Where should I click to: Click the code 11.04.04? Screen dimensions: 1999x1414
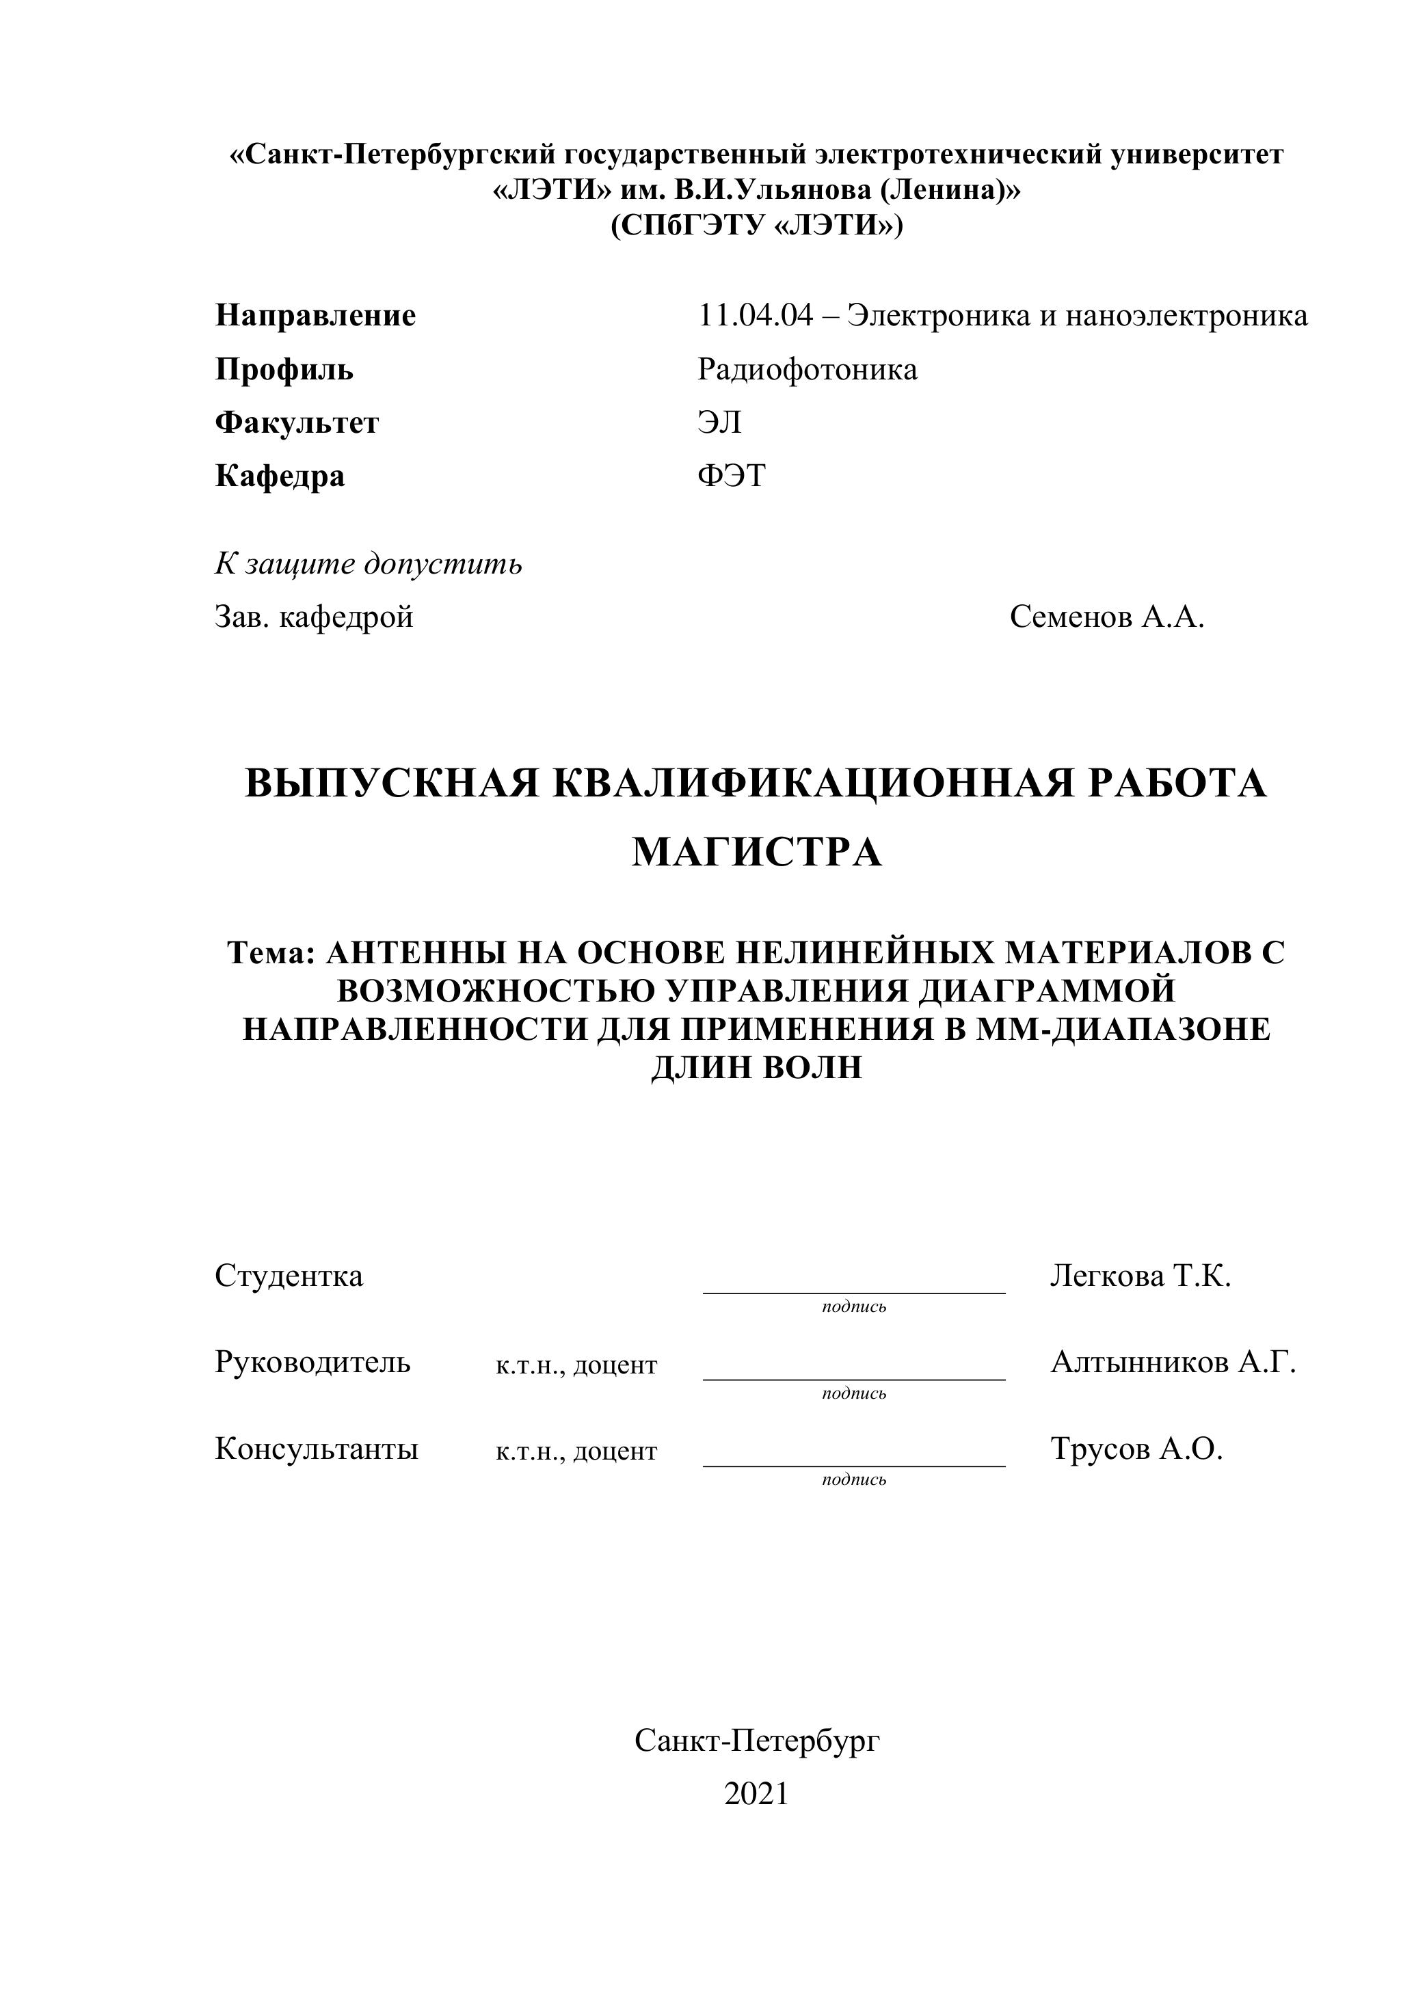click(x=755, y=315)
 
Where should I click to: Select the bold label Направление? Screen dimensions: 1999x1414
click(x=315, y=315)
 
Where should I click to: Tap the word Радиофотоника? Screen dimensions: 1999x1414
click(x=807, y=369)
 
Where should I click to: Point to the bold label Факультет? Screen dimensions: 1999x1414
click(x=297, y=423)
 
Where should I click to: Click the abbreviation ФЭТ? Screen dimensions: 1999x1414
click(x=732, y=477)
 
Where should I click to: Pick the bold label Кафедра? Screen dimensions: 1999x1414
click(x=280, y=477)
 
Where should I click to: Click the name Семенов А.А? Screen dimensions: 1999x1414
click(x=1106, y=617)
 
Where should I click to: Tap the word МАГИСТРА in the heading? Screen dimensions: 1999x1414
click(x=756, y=853)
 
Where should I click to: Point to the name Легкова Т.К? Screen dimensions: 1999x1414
click(x=1140, y=1276)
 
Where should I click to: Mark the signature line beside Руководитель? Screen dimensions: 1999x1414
click(x=853, y=1378)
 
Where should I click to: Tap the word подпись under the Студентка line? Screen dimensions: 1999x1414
click(x=853, y=1307)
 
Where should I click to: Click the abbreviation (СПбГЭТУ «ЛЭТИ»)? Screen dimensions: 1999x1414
click(x=756, y=226)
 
